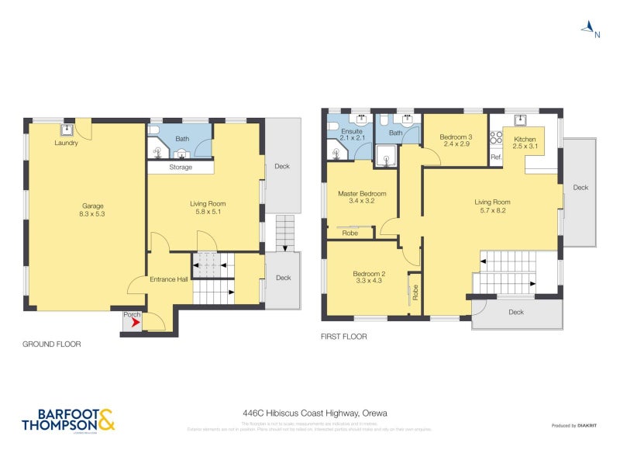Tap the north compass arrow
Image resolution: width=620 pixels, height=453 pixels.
point(590,29)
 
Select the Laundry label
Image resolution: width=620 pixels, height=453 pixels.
point(66,143)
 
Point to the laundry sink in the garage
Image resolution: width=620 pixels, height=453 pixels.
point(67,129)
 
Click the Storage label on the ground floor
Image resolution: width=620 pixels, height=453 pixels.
point(181,168)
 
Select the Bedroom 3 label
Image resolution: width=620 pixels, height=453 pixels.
point(457,137)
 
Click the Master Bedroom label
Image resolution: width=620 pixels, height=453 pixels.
point(362,193)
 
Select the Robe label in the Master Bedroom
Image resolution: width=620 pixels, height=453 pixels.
point(350,232)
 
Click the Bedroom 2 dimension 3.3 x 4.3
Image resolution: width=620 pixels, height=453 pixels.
point(369,282)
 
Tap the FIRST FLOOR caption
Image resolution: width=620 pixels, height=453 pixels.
point(343,337)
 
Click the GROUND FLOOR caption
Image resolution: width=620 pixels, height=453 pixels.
point(51,344)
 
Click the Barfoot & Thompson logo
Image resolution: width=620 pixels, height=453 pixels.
point(68,420)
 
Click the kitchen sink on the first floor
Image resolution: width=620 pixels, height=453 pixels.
point(522,119)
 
